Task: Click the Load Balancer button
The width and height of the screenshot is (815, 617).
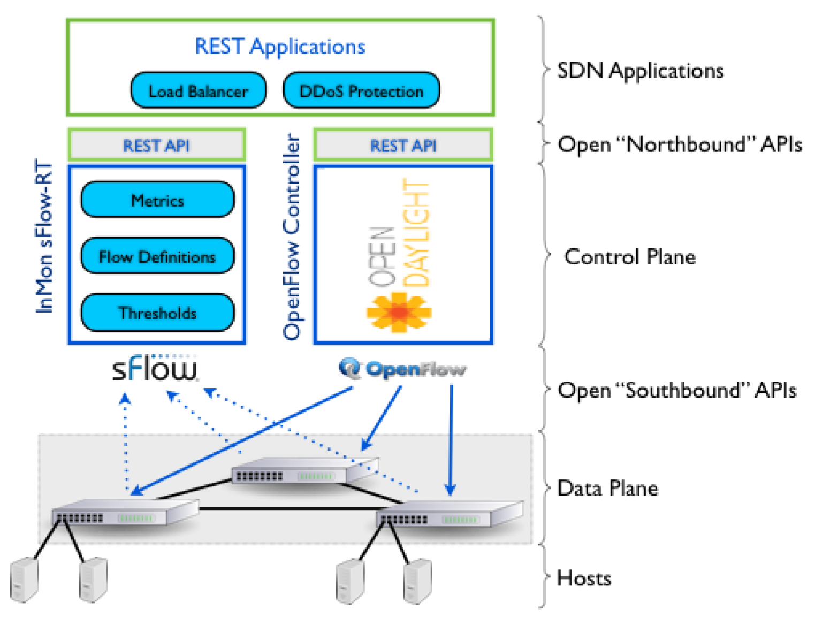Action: pos(198,91)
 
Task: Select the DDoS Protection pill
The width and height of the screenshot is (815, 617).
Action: pos(361,91)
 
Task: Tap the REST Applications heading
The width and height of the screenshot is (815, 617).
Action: pos(280,47)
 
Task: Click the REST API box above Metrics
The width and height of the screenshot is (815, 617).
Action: pos(156,146)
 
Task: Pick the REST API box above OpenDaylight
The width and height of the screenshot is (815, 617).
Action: pos(403,146)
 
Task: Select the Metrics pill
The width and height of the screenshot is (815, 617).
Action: pos(157,200)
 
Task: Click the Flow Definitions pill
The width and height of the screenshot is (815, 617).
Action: pos(157,257)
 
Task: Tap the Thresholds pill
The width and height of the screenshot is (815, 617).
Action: pos(157,313)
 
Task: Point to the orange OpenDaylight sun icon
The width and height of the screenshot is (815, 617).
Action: pos(399,312)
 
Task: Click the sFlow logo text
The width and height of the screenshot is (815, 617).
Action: pos(155,369)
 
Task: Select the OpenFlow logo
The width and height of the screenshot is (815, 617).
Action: pos(402,369)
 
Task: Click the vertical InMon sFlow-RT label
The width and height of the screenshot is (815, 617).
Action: pos(44,235)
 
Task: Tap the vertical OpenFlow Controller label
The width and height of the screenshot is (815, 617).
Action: pos(292,235)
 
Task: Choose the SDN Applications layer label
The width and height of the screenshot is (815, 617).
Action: pos(640,71)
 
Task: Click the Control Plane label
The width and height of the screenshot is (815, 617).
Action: pos(630,257)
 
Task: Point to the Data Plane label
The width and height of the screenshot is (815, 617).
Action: pos(607,488)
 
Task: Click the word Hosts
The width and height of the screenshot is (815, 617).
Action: pos(584,578)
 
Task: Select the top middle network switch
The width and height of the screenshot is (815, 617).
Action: pos(305,470)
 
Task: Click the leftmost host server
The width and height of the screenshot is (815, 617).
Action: pos(24,580)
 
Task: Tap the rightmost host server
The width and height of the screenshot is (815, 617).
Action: pos(417,581)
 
